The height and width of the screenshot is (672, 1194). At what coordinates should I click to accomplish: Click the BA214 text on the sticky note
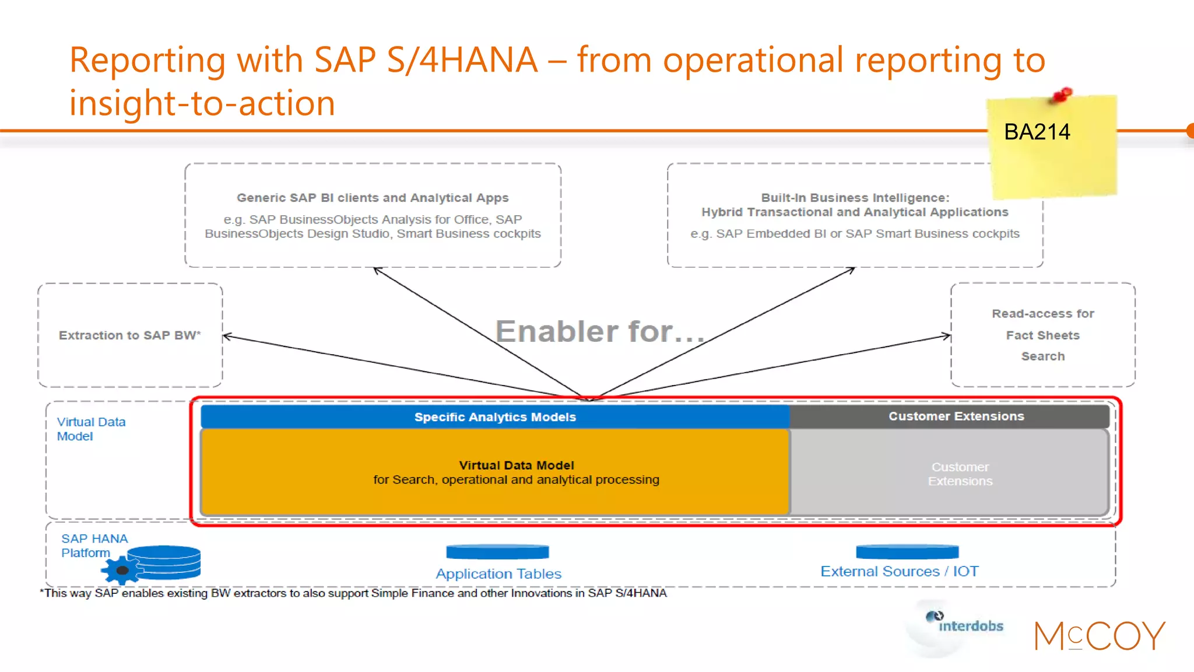point(1037,132)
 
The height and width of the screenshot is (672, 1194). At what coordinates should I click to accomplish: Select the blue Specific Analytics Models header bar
point(495,416)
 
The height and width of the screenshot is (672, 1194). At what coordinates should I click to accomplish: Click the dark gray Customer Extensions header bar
point(956,416)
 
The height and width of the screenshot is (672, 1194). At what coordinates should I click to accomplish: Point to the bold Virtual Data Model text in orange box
point(516,465)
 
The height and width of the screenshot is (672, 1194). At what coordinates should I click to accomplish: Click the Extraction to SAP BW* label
point(129,335)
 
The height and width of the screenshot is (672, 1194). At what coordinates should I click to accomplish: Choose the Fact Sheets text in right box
point(1042,335)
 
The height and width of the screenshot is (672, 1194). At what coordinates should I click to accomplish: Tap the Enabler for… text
point(600,331)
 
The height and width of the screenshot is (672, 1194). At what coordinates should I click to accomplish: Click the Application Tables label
point(498,573)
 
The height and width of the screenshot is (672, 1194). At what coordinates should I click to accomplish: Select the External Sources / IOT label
point(899,571)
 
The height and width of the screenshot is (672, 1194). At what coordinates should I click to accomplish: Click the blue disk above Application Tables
point(497,551)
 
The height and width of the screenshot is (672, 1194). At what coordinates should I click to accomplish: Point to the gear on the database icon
point(121,570)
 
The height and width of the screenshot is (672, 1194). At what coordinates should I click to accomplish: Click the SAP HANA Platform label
point(94,545)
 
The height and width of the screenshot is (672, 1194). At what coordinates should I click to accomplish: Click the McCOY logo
point(1100,636)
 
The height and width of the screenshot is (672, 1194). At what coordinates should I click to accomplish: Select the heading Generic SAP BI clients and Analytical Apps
point(373,198)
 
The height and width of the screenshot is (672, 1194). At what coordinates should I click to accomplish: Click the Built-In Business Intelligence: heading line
point(855,198)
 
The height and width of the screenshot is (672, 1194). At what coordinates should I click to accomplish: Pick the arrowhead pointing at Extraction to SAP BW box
point(227,336)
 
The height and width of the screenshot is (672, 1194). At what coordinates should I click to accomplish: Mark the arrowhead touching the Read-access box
point(947,335)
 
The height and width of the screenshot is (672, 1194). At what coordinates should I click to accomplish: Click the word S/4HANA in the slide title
point(462,60)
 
